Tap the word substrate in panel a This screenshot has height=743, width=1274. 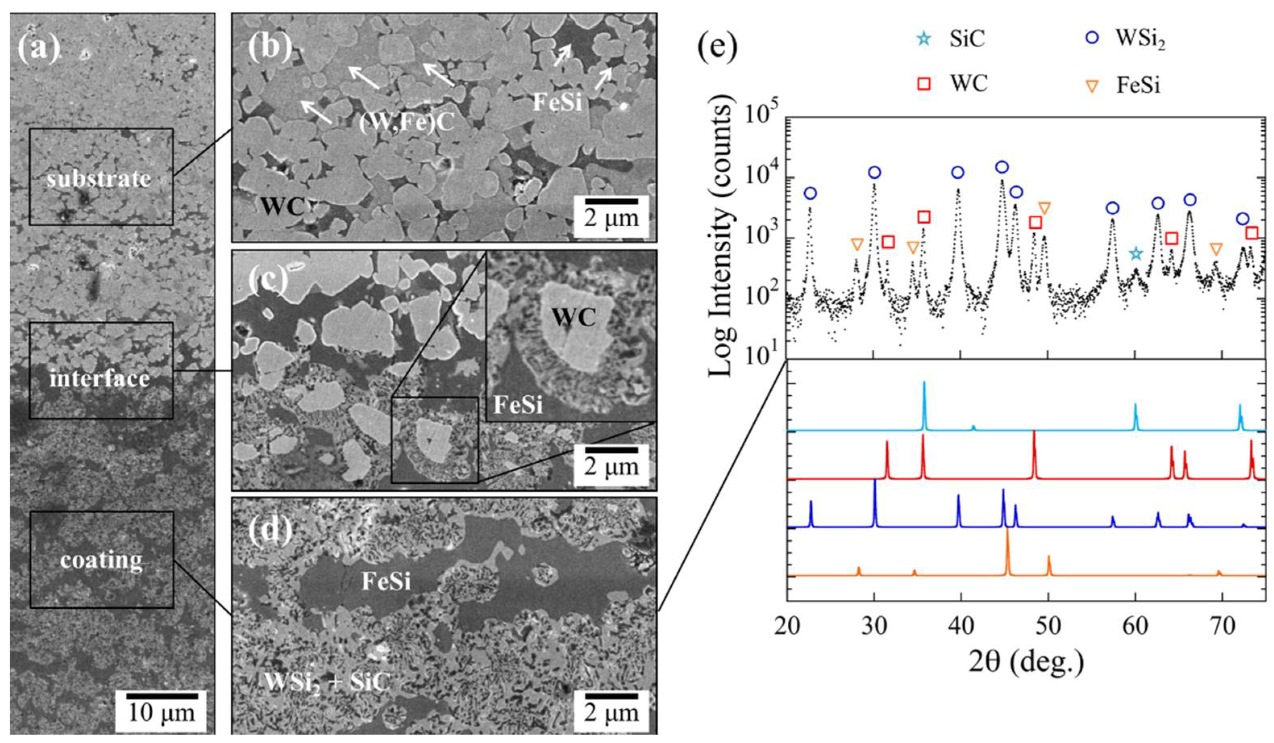[x=99, y=179]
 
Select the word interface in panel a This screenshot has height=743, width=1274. [x=100, y=379]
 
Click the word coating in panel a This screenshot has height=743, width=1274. [x=101, y=560]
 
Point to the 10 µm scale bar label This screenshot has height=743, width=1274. [x=161, y=713]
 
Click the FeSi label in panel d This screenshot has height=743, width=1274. [x=386, y=582]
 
